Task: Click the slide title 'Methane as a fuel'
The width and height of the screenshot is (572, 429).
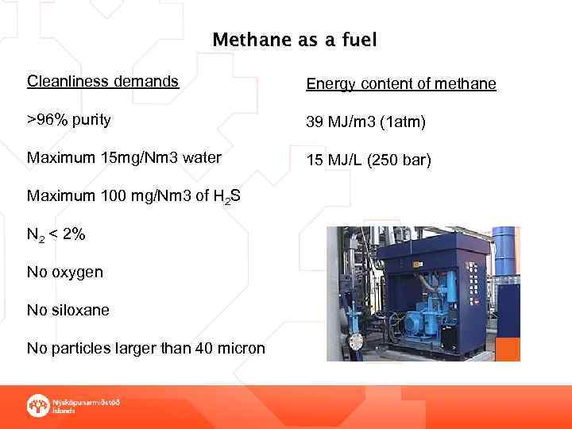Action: tap(294, 40)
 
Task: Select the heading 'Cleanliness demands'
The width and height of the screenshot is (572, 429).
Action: tap(102, 81)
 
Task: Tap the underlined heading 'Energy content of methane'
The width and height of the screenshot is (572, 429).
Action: tap(401, 84)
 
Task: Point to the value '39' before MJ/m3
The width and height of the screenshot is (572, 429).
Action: tap(315, 122)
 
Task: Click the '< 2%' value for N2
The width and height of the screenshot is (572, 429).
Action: tap(68, 234)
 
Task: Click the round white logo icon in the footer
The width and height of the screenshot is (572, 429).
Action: tap(37, 404)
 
